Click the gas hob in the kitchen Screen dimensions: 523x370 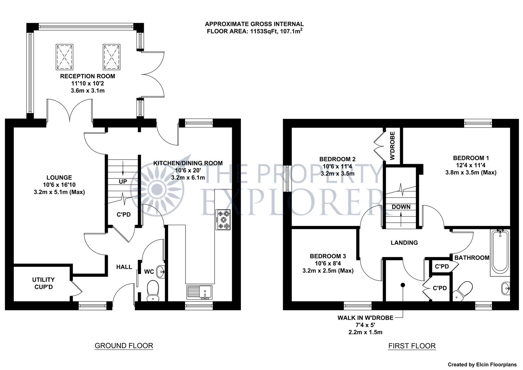coord(224,220)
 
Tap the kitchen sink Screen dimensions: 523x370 coord(200,292)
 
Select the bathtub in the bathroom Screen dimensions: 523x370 coord(500,252)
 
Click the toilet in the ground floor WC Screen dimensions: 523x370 coord(153,291)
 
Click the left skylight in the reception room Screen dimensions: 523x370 coord(64,57)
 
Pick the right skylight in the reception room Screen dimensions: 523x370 coord(112,57)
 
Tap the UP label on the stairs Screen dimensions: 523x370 coord(123,181)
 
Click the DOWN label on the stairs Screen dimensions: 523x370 coord(401,207)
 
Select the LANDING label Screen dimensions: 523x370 coord(404,243)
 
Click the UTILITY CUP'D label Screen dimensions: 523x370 coord(43,283)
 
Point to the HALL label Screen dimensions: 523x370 coord(124,267)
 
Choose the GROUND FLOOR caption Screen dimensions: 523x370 coord(124,346)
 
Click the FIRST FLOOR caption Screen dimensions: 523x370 coord(412,346)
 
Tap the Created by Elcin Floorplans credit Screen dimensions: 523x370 coord(482,365)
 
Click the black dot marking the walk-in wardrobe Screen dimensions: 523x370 coord(403,285)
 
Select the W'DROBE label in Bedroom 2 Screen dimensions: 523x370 coord(393,146)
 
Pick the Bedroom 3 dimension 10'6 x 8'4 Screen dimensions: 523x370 coord(328,263)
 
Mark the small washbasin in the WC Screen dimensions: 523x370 coord(161,272)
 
